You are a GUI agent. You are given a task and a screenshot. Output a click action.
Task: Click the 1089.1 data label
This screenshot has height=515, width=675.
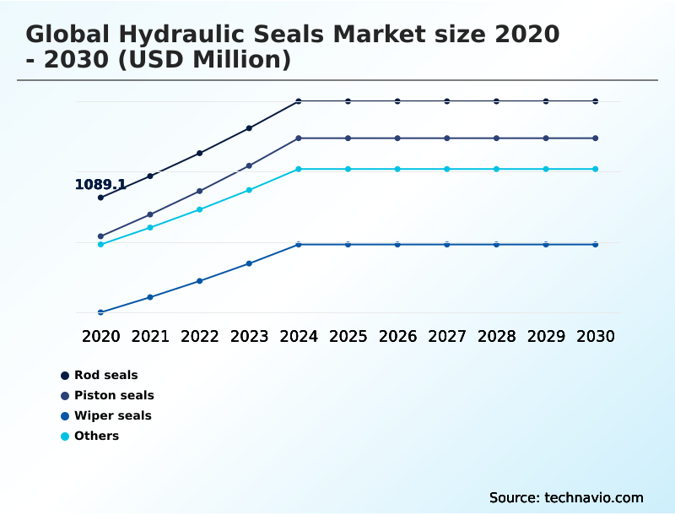[100, 184]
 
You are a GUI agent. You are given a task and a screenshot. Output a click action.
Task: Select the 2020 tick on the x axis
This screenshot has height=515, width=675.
[100, 336]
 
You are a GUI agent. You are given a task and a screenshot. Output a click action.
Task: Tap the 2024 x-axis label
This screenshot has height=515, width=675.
[299, 336]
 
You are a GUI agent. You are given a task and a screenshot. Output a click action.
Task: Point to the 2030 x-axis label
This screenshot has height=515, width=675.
[596, 336]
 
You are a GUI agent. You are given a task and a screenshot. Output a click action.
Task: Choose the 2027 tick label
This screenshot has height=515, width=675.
[447, 336]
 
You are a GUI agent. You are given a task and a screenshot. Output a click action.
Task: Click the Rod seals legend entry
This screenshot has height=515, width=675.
[105, 375]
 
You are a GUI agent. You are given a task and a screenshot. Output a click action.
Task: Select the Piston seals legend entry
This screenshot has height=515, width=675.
[114, 395]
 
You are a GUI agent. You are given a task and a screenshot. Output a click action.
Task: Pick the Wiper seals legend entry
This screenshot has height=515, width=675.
[112, 415]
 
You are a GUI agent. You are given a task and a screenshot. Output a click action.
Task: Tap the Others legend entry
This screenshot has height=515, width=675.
[96, 436]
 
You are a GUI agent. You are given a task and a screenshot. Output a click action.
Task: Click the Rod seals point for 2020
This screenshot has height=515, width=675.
[100, 198]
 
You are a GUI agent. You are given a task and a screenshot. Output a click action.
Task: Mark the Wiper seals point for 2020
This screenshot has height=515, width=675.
[100, 312]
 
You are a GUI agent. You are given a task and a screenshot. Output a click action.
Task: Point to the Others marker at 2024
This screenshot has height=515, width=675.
[299, 169]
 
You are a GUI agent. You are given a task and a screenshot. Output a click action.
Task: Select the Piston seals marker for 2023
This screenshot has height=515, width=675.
[249, 165]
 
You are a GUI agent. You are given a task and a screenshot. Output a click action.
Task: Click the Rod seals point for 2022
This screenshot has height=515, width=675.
[200, 153]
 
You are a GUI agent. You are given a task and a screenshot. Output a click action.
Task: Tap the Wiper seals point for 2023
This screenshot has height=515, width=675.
[249, 263]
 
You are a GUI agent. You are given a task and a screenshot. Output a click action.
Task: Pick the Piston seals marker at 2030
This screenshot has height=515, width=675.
[596, 138]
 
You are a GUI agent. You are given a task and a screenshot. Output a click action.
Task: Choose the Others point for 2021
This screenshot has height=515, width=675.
[150, 227]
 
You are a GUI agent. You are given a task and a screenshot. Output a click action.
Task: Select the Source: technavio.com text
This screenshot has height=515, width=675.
[566, 497]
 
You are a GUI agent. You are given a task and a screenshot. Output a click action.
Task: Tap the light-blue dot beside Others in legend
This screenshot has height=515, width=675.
[65, 436]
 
